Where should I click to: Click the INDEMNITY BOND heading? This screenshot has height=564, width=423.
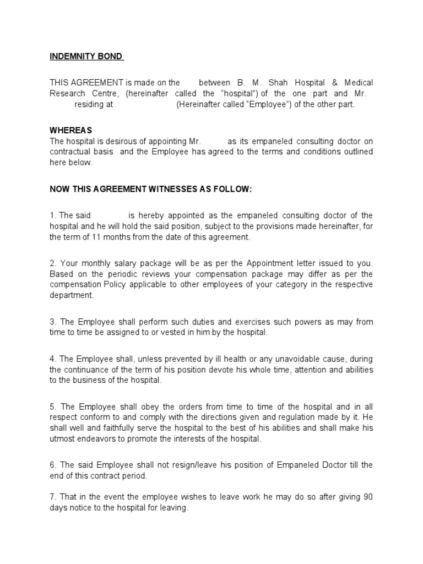[86, 57]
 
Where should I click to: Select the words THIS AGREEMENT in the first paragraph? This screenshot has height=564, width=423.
[83, 83]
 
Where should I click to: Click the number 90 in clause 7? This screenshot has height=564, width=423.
[368, 497]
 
